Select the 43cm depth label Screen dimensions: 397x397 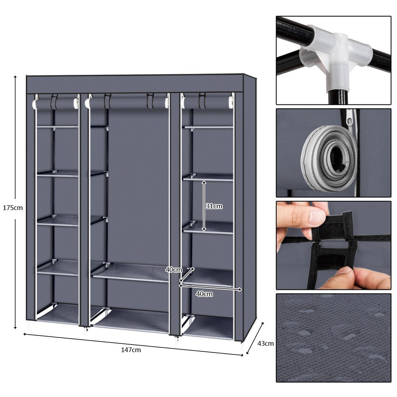point(266,343)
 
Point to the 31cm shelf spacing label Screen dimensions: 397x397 point(214,206)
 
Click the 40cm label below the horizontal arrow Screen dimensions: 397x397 point(204,294)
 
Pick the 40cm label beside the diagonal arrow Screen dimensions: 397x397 point(173,270)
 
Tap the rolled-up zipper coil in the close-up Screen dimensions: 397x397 point(328,157)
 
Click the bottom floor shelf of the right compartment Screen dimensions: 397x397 point(208,328)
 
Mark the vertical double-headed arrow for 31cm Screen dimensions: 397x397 point(204,206)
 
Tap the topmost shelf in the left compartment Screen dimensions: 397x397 point(58,127)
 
